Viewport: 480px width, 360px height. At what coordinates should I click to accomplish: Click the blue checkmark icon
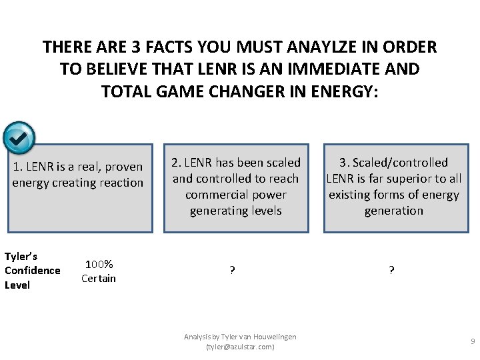(x=19, y=137)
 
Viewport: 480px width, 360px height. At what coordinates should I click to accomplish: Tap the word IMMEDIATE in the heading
(x=325, y=69)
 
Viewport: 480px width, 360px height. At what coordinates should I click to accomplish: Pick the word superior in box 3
(x=404, y=179)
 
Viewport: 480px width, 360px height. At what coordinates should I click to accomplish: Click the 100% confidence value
(x=99, y=265)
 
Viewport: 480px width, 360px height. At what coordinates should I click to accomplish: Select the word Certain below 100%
(x=99, y=278)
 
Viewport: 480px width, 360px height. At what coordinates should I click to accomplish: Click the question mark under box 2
(x=232, y=271)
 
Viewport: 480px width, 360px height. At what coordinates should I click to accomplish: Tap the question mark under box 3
(x=391, y=271)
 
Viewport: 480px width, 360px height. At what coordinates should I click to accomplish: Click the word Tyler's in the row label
(x=21, y=257)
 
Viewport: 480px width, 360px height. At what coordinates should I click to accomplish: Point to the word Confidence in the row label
(x=32, y=271)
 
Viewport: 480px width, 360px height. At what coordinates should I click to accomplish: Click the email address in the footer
(x=240, y=347)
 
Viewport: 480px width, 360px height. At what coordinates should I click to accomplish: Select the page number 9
(x=473, y=342)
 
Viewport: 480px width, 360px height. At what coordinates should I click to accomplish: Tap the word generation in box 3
(x=393, y=211)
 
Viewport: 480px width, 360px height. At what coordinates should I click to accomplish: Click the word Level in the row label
(x=17, y=285)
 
